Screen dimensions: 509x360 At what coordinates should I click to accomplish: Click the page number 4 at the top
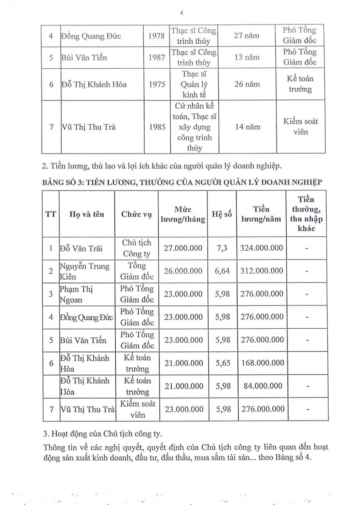click(x=181, y=13)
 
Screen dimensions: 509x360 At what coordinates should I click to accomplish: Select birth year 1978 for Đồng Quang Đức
click(x=157, y=36)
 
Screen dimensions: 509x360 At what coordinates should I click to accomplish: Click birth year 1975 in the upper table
click(x=157, y=84)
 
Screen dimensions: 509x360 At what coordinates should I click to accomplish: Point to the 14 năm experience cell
click(x=247, y=127)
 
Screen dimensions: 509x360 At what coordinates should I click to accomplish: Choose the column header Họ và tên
click(x=87, y=214)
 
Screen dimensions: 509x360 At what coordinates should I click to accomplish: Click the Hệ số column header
click(x=222, y=214)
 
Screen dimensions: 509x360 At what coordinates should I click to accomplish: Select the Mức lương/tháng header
click(x=183, y=214)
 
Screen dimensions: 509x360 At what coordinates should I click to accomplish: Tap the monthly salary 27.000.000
click(x=183, y=248)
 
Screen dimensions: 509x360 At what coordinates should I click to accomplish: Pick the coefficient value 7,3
click(x=222, y=248)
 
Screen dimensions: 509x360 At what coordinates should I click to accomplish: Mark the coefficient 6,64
click(x=222, y=271)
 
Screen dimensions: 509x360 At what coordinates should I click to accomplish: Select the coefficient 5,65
click(x=222, y=363)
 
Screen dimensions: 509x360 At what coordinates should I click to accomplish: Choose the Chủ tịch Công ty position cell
click(x=136, y=248)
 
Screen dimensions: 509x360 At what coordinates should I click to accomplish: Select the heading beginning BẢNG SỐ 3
click(x=182, y=182)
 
